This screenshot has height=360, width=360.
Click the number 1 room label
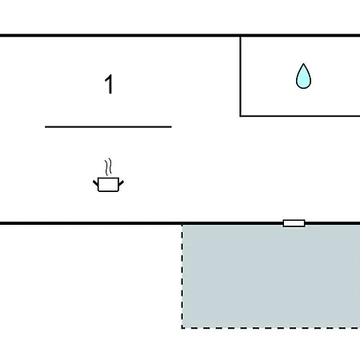(109, 84)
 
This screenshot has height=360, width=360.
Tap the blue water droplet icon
(303, 76)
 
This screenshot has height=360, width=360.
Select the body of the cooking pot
(108, 185)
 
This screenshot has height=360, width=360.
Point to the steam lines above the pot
(108, 167)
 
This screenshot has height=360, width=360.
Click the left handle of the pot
(95, 183)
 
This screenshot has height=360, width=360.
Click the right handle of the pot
(121, 183)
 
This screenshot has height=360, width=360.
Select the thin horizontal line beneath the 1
(108, 127)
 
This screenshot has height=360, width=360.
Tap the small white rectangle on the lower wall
(294, 223)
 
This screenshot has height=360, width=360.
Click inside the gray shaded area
(270, 276)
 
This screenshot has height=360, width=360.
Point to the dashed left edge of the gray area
(182, 276)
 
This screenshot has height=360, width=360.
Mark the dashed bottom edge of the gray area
(270, 328)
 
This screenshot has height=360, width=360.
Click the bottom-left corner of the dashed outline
(182, 328)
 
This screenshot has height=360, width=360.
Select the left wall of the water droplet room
(241, 76)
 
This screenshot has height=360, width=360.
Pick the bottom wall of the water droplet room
(300, 116)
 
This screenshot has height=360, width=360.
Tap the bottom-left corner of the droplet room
(241, 116)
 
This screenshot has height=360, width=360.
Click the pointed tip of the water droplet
(303, 63)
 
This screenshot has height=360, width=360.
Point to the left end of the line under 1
(46, 127)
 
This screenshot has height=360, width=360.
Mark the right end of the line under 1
(171, 127)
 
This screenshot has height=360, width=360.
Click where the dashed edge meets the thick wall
(182, 224)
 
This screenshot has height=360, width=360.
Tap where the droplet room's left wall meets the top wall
(241, 36)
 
